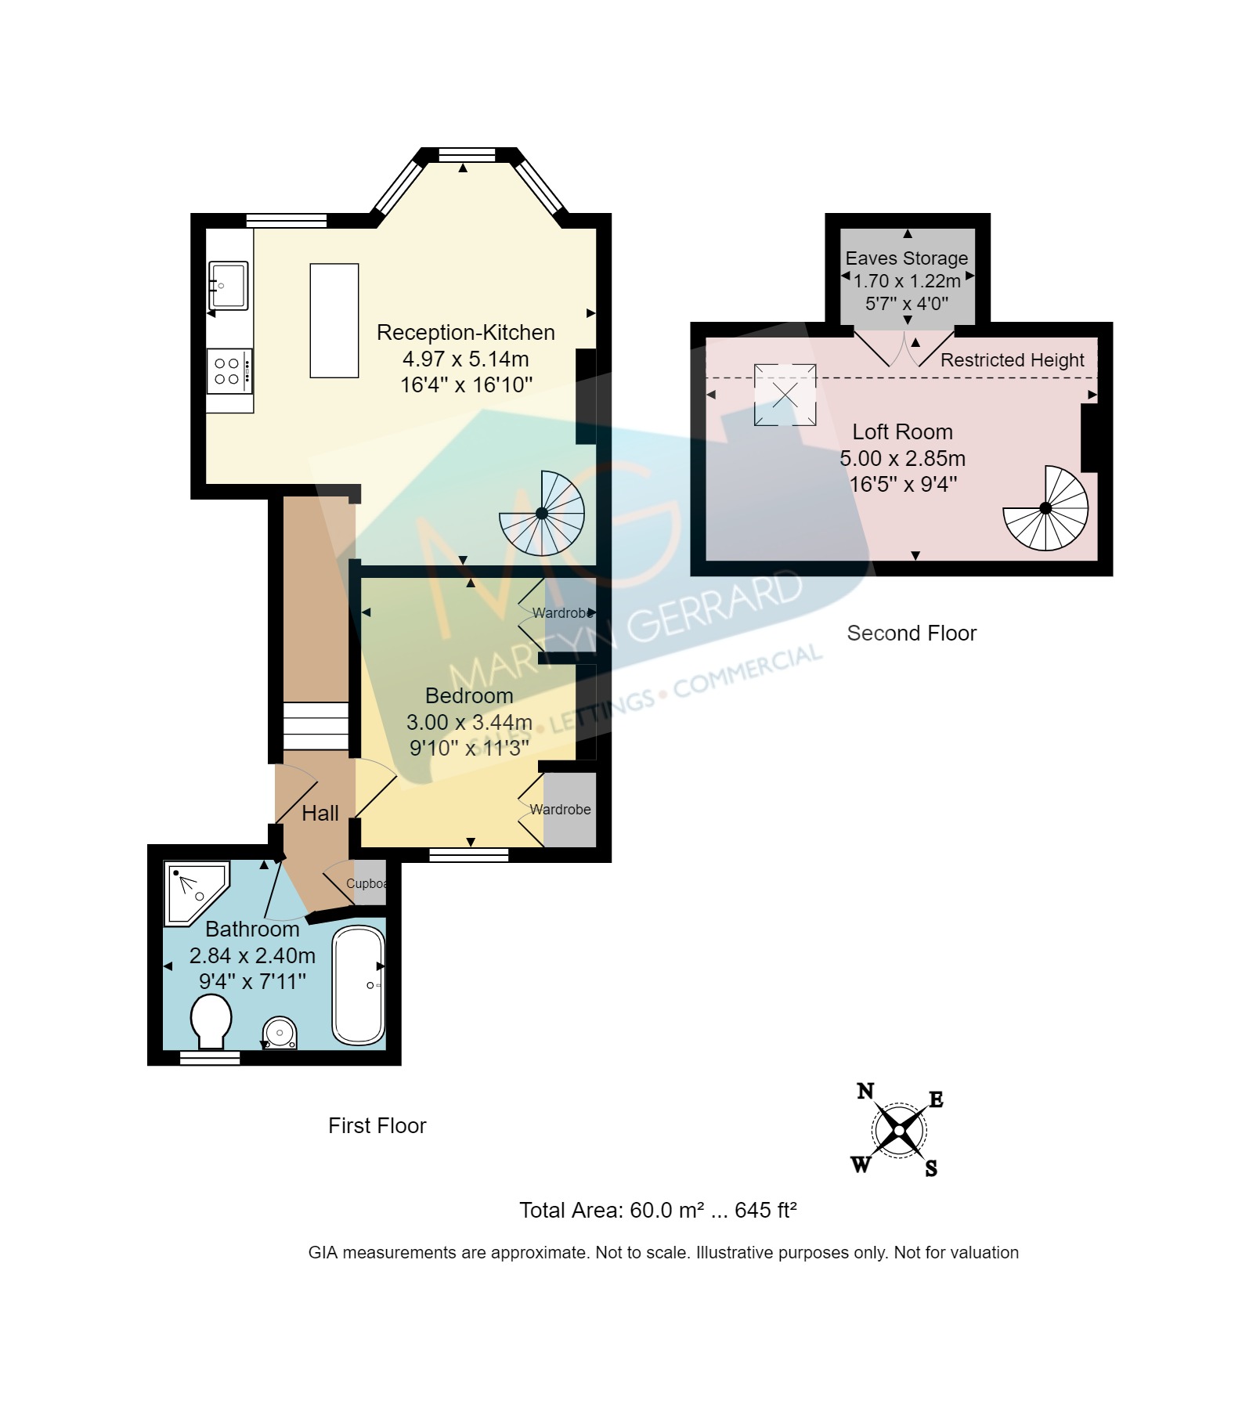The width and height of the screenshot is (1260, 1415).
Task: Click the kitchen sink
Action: (228, 285)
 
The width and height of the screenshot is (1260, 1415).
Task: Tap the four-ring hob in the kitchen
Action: (229, 371)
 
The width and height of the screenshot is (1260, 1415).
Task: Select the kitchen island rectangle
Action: (334, 320)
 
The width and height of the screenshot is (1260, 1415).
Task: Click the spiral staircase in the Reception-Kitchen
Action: (542, 513)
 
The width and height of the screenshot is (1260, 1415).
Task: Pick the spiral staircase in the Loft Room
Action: (1045, 508)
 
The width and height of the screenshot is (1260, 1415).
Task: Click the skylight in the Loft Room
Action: (785, 395)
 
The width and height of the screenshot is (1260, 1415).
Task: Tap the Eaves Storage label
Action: (907, 258)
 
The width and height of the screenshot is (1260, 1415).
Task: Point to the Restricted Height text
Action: (1012, 360)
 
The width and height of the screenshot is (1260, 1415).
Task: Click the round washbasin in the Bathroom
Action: (280, 1033)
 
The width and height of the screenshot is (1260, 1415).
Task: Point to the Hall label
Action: (320, 814)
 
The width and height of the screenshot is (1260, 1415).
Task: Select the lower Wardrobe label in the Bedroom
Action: (561, 810)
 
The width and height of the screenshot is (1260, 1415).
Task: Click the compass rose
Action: (899, 1130)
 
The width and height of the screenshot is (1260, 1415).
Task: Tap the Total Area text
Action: (658, 1210)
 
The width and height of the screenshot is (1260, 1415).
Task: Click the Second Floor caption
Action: (912, 634)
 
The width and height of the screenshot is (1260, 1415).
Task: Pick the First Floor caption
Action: (377, 1126)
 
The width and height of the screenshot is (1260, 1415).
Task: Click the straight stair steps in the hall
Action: (315, 727)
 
